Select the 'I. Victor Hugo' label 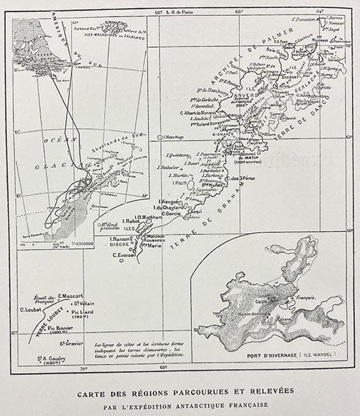pyautogui.click(x=176, y=138)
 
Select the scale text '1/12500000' pyautogui.click(x=83, y=241)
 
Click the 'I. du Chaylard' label pyautogui.click(x=169, y=207)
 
